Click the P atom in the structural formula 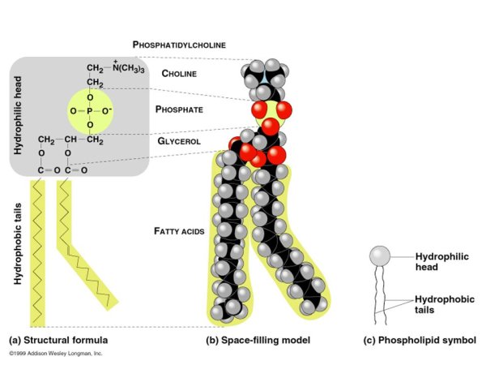[x=91, y=110]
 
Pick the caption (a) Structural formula [x=58, y=340]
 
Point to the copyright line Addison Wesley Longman [x=56, y=354]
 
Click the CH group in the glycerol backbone [x=74, y=138]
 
